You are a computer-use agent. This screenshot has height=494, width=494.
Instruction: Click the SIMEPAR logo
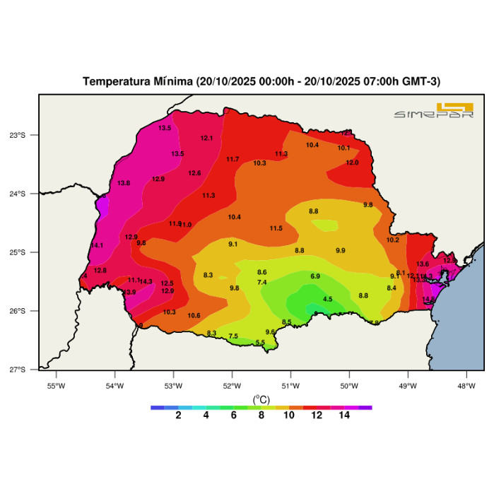(433, 112)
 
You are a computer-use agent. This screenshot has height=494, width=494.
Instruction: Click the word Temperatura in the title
(114, 81)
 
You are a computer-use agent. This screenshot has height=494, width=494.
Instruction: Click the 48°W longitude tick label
(466, 385)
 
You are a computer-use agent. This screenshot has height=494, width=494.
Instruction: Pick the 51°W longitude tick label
(290, 385)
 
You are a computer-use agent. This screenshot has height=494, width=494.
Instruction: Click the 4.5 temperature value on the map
(327, 300)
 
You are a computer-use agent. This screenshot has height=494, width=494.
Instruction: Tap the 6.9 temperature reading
(315, 276)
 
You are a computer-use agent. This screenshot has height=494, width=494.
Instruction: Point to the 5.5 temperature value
(260, 343)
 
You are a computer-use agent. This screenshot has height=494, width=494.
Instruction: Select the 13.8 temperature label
(124, 183)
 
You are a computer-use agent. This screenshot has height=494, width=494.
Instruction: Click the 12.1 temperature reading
(207, 138)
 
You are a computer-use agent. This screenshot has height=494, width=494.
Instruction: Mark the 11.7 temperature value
(233, 159)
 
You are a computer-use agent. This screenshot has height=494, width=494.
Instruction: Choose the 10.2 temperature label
(393, 240)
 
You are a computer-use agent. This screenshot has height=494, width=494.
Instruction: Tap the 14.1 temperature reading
(98, 245)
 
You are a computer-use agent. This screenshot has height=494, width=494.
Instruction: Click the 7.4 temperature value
(261, 283)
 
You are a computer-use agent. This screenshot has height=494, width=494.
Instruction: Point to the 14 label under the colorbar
(343, 416)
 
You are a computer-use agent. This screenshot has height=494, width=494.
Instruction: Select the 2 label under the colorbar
(178, 416)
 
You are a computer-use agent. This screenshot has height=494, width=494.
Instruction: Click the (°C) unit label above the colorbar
(261, 399)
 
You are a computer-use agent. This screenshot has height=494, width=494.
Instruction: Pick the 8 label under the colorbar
(261, 416)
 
